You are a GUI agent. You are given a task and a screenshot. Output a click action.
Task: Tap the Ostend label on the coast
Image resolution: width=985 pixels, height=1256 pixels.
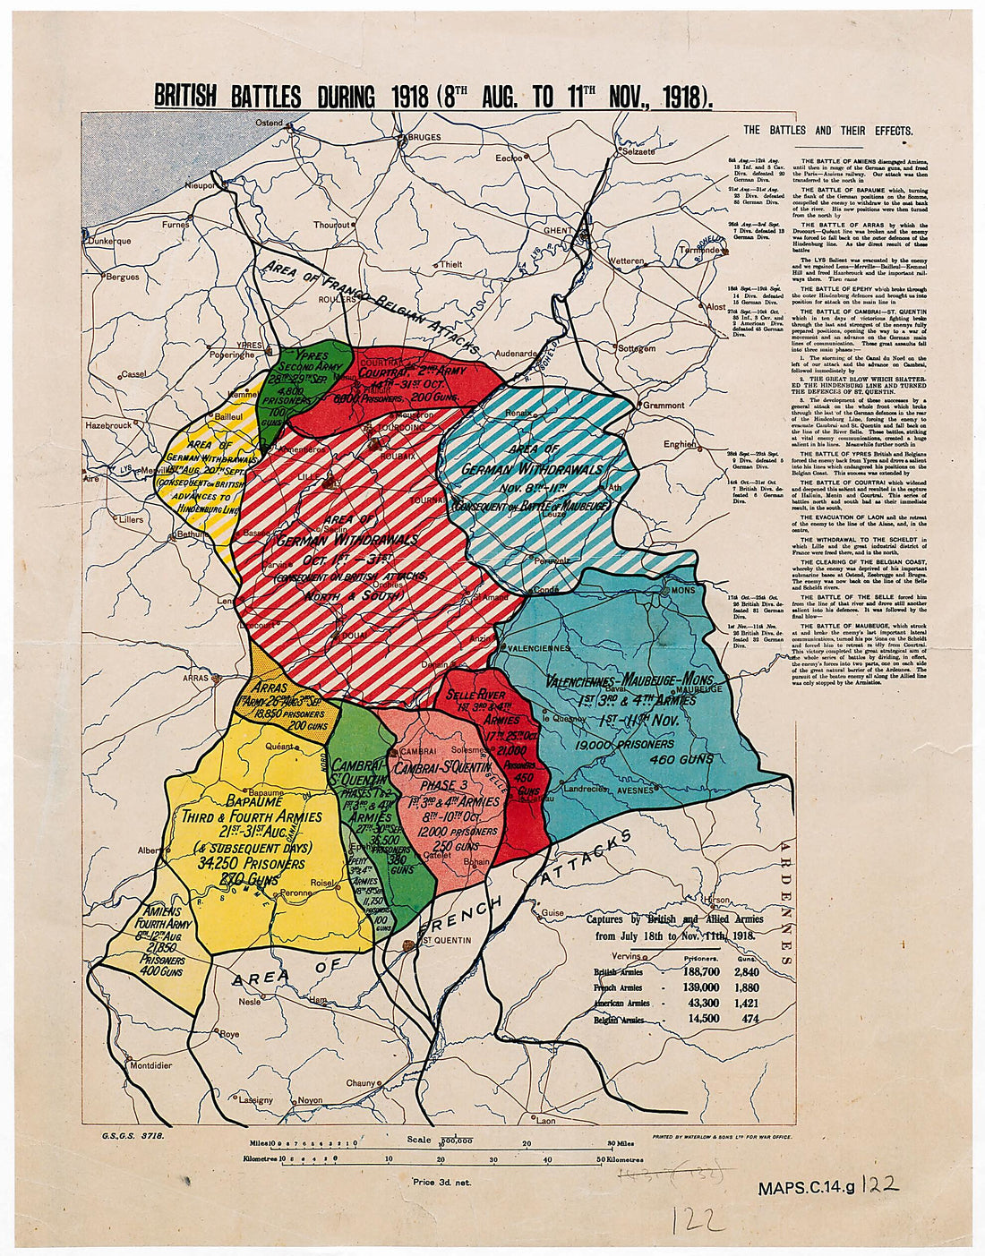click(270, 123)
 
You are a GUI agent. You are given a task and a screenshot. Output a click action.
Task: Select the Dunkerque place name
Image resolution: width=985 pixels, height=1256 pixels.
click(110, 241)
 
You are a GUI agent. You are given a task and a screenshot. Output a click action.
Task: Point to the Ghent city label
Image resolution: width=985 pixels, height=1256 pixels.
click(557, 231)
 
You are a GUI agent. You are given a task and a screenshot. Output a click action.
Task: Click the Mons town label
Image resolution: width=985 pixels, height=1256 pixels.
click(682, 591)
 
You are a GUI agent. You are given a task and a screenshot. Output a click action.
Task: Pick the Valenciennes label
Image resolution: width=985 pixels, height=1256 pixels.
click(539, 647)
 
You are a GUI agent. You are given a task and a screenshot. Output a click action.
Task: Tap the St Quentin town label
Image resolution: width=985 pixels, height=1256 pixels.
click(446, 941)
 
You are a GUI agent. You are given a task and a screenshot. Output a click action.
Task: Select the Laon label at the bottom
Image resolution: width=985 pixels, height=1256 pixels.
click(545, 1121)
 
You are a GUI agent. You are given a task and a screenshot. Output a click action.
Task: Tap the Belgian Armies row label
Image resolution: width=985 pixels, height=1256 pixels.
click(619, 1020)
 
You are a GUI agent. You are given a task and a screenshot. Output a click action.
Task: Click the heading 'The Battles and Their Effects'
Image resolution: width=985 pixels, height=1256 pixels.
click(827, 131)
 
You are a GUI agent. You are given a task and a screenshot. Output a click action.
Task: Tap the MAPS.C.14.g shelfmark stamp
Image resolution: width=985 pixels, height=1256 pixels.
click(806, 1190)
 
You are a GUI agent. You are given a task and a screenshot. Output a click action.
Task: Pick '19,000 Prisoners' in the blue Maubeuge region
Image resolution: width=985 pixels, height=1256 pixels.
click(625, 744)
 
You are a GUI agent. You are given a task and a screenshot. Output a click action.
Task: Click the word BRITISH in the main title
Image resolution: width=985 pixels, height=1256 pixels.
click(185, 97)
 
